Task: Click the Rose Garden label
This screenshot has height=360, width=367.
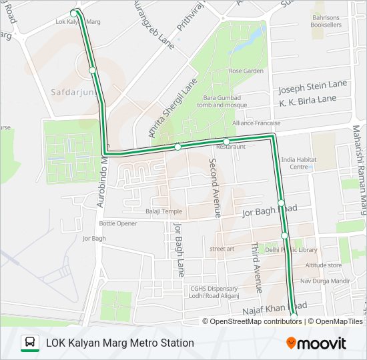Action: point(246,71)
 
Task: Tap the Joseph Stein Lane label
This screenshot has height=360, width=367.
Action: point(313,87)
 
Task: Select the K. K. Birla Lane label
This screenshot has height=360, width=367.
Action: point(308,99)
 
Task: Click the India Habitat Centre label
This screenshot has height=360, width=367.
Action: point(298,163)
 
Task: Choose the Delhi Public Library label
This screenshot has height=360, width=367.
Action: point(291,249)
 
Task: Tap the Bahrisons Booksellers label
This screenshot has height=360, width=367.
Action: point(326,21)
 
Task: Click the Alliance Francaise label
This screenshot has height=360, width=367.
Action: point(256,123)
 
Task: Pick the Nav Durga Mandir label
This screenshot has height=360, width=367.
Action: point(325,281)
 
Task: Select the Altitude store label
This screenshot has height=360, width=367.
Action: point(323,265)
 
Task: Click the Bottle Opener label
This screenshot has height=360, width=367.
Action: point(117,223)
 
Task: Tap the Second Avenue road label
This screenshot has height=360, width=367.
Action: point(214,187)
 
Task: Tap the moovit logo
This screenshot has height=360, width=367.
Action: point(316,343)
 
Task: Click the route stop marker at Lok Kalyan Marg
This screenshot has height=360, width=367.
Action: point(74,13)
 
